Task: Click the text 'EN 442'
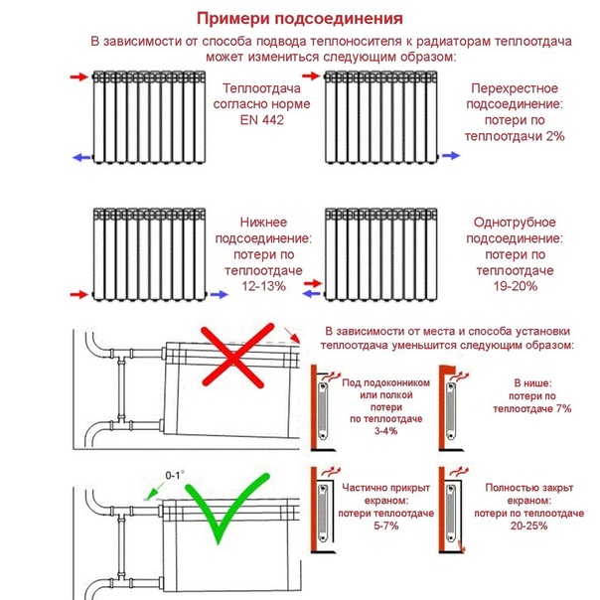tap(261, 120)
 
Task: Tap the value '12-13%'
tap(262, 285)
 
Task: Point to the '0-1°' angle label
tap(175, 475)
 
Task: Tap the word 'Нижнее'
tap(262, 222)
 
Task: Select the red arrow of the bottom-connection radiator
tap(75, 294)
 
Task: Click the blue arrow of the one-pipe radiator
tap(311, 294)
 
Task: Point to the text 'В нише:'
tap(528, 381)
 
